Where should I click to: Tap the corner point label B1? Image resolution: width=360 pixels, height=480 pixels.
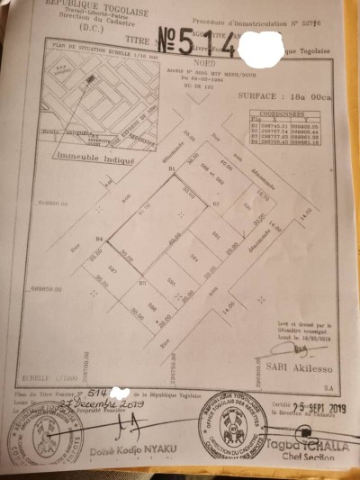(170, 169)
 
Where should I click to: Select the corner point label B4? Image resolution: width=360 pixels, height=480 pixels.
(101, 238)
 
